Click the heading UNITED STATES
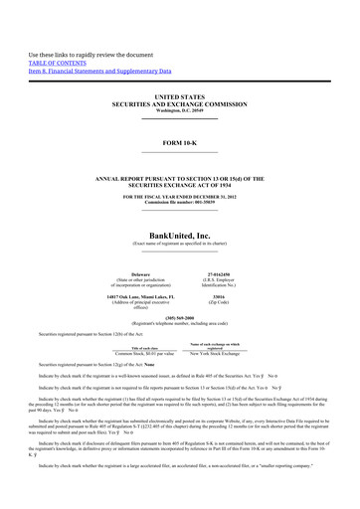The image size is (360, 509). pos(179,97)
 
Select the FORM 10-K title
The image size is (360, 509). pos(180,142)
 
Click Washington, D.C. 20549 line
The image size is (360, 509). pos(180,109)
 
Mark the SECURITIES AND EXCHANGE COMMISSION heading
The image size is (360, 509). pos(180,103)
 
